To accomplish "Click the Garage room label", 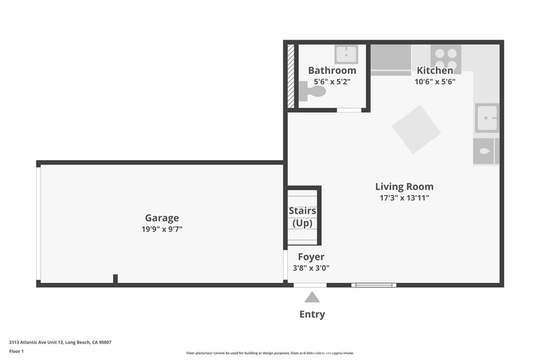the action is pos(162,218).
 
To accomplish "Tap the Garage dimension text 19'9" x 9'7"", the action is pos(162,229).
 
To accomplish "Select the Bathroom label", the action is pos(332,70).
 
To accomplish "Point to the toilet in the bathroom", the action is pos(312,91).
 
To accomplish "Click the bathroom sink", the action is pos(346,54).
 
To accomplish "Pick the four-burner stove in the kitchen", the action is pos(446,59).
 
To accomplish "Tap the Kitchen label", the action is pos(435,70).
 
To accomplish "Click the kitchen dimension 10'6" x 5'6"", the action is pos(435,82).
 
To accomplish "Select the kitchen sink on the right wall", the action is pos(487,118).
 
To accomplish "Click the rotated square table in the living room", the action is pos(417,130).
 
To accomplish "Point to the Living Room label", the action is pos(404,187).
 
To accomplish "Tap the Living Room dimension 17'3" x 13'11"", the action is pos(404,198).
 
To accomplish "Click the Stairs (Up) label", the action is pos(302,217).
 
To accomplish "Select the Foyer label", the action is pos(311,257).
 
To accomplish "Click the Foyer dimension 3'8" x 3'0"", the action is pos(311,268).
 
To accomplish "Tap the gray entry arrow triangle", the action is pos(312,297).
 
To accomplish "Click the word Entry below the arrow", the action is pos(312,314).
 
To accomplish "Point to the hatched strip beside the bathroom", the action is pos(291,76).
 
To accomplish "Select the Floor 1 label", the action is pos(16,352).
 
